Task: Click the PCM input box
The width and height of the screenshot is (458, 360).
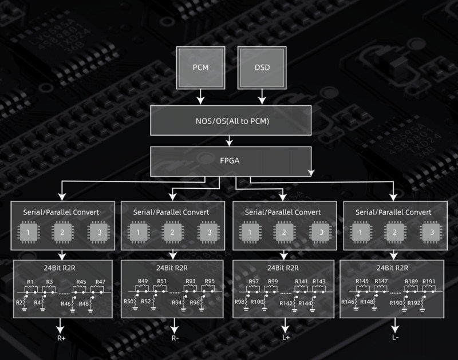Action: point(201,68)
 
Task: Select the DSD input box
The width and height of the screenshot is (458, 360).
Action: point(262,68)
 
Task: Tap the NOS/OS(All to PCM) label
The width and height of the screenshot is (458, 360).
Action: point(232,121)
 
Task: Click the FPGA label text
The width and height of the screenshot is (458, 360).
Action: point(230,161)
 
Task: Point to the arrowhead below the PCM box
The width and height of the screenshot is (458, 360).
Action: point(200,100)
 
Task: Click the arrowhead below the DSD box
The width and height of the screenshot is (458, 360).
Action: point(262,100)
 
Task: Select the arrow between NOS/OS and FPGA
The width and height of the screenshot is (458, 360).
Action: point(230,141)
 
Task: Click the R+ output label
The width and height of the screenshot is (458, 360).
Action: point(61,338)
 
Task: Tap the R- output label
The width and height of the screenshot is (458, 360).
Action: point(175,338)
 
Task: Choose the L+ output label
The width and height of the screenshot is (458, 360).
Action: point(286,338)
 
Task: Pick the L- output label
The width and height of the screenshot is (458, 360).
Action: point(395,338)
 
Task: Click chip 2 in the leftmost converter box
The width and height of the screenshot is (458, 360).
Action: point(62,232)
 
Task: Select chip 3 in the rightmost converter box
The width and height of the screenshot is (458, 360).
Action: point(432,232)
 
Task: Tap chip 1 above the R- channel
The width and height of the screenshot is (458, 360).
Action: point(138,232)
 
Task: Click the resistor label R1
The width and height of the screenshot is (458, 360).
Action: point(30,282)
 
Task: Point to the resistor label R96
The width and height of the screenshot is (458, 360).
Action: point(195,303)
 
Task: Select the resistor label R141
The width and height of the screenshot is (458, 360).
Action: point(301,282)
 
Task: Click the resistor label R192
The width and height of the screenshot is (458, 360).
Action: point(413,303)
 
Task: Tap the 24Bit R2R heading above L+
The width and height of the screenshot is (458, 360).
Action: point(283,268)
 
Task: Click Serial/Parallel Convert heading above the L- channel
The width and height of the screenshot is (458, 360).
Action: point(393,212)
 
